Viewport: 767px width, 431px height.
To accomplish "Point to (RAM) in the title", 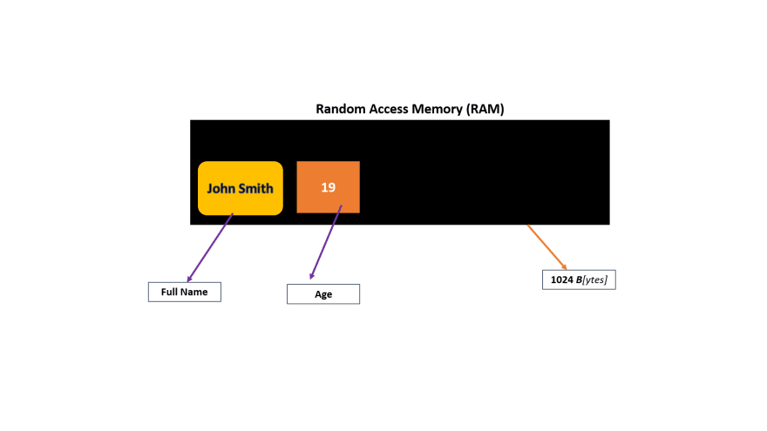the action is pos(485,109).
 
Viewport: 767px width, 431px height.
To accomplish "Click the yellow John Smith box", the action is pos(241,188).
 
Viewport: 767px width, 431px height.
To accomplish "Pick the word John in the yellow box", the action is pos(221,189).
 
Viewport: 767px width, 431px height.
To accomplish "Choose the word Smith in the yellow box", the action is pos(256,189).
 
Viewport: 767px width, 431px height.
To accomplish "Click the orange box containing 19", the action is pos(329,187).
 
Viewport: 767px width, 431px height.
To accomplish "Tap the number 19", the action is pos(329,187).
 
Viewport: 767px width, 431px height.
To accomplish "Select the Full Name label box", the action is pos(185,293).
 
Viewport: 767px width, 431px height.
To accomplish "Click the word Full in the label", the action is pos(169,293).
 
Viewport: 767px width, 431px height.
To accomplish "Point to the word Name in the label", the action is pos(194,293).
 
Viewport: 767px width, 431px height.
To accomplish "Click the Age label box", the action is pos(323,294).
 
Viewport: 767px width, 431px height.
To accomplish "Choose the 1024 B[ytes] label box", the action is pos(579,279).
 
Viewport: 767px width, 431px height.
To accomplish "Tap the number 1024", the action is pos(562,279).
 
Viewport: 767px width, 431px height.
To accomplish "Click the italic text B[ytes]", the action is pos(592,280).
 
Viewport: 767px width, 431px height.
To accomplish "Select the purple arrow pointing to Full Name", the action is pos(210,248).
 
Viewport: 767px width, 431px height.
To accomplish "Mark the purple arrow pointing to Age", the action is pos(326,242).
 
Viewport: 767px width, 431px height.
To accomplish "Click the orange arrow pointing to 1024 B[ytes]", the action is pos(546,247).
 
